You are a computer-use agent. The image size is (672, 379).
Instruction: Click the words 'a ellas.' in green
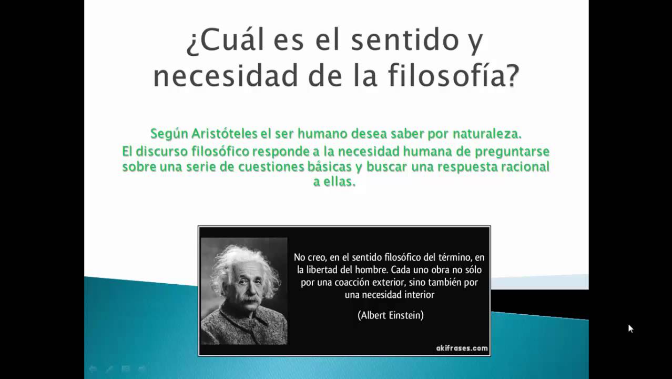click(334, 182)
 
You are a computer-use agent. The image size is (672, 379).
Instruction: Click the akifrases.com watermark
click(462, 348)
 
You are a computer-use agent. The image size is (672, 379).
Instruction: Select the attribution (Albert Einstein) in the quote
click(391, 315)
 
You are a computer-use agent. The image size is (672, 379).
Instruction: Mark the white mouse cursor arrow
click(630, 328)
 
